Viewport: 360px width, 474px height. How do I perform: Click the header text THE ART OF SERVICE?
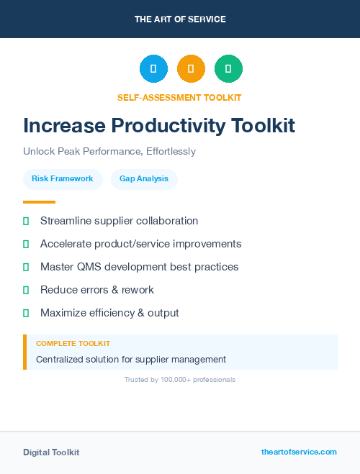click(180, 19)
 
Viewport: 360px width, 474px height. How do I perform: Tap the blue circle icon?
click(153, 69)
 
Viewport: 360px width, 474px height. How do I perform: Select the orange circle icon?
click(191, 69)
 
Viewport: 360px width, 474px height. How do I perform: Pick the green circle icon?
click(228, 69)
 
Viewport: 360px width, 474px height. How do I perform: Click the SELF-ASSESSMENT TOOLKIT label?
click(180, 97)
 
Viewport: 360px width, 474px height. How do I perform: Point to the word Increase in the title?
click(63, 125)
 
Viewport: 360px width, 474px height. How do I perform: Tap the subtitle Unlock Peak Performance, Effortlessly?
click(109, 152)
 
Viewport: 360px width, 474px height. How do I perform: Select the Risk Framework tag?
click(63, 178)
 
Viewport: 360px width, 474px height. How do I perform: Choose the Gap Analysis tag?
click(144, 178)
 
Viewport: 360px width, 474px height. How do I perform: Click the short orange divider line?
click(39, 202)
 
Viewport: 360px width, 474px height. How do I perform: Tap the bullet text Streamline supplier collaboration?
click(119, 221)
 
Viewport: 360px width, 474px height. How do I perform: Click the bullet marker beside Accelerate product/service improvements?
click(26, 244)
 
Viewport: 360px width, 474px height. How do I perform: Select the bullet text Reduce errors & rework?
click(97, 290)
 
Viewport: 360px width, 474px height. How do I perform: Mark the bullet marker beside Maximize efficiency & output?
click(26, 313)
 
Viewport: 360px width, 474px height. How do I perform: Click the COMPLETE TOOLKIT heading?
click(73, 344)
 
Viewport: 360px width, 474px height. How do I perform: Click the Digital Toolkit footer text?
click(51, 452)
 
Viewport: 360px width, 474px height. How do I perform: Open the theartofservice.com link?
click(299, 452)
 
